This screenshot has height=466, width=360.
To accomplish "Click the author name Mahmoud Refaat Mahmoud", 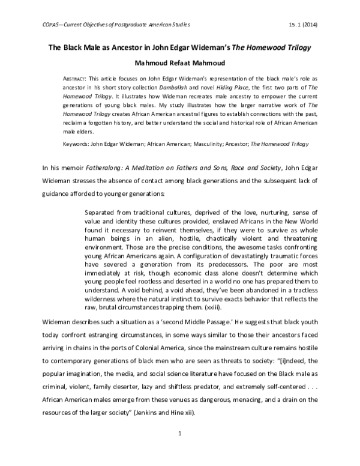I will pos(179,64).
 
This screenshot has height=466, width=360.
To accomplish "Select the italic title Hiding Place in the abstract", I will pos(238,88).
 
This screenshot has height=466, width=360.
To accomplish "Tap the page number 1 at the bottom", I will pos(179,448).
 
